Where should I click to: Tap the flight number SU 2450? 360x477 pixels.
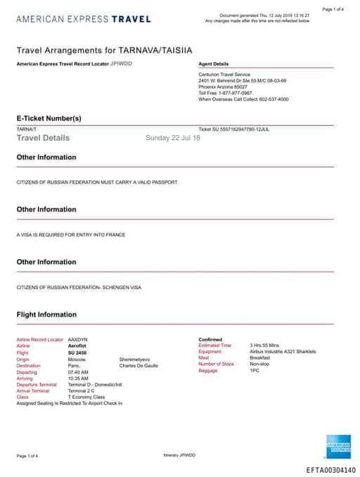click(78, 352)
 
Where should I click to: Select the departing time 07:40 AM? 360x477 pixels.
click(78, 371)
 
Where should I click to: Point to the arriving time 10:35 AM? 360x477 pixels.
click(78, 378)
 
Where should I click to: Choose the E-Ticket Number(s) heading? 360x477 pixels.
click(49, 117)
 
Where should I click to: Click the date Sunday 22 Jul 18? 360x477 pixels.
click(172, 138)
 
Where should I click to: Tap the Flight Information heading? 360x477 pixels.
click(46, 314)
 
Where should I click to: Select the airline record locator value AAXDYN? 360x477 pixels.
click(77, 340)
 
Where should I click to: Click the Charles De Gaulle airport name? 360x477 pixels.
click(139, 365)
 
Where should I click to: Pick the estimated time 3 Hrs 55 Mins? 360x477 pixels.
click(265, 345)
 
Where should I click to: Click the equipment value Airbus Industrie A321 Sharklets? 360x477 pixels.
click(283, 352)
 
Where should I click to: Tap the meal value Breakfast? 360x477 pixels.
click(260, 358)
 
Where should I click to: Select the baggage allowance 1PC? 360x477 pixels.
click(255, 371)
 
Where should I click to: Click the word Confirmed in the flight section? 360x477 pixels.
click(210, 339)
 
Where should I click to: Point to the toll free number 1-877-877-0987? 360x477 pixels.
click(237, 92)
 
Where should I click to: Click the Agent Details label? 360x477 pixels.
click(214, 63)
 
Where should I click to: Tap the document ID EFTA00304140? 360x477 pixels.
click(331, 470)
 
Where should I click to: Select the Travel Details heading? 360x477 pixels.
click(43, 138)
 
